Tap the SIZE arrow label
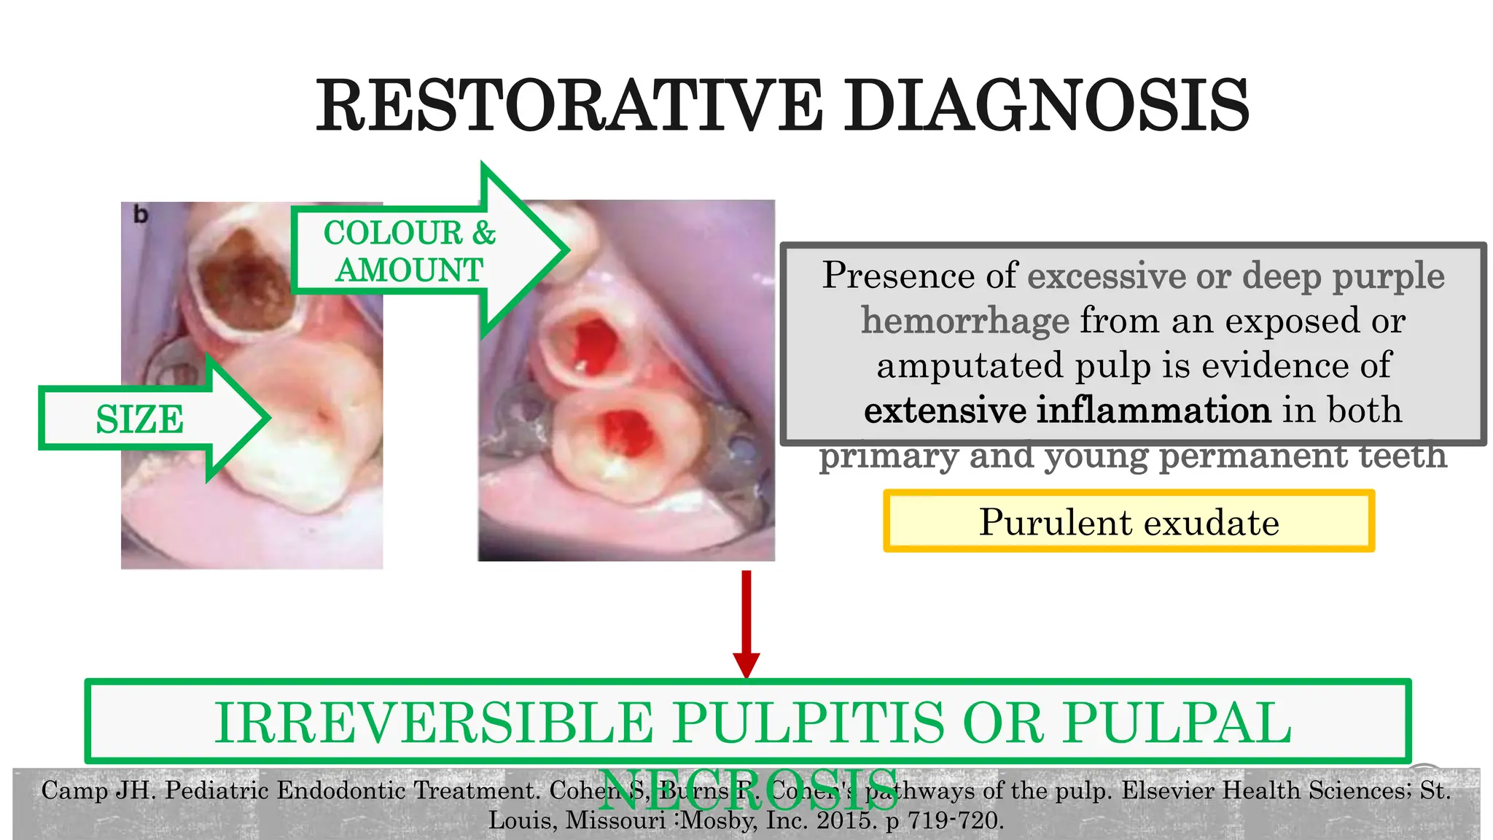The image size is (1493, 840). (140, 419)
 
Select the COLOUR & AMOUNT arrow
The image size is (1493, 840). (410, 252)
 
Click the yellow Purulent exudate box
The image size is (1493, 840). (1128, 521)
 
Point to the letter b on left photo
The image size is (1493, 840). (141, 215)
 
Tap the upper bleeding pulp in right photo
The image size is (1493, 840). (593, 340)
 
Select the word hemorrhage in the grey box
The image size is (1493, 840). (964, 320)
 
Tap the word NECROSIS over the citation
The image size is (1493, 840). (749, 790)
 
